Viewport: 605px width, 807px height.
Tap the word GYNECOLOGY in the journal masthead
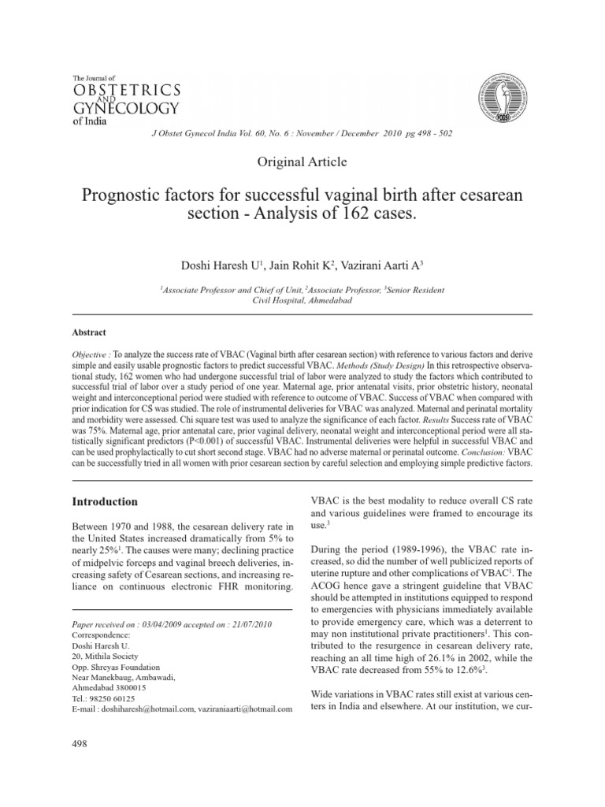click(125, 106)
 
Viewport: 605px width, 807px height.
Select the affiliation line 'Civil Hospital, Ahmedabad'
click(302, 299)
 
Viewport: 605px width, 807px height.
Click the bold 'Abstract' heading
click(89, 333)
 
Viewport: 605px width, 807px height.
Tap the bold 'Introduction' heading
click(106, 501)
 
